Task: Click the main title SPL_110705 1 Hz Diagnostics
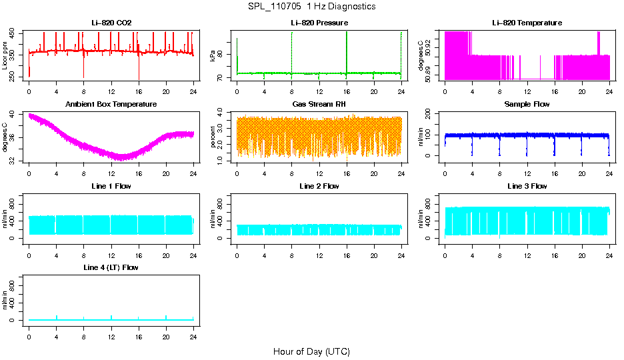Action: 311,7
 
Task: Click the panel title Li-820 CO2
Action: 111,23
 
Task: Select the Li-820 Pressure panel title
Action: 319,23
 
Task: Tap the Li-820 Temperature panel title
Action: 527,23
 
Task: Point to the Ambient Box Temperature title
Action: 111,105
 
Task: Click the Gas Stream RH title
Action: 319,105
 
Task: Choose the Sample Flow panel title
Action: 527,105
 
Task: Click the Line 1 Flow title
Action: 111,186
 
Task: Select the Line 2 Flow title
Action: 319,186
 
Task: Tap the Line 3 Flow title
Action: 527,186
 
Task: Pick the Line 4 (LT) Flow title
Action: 111,267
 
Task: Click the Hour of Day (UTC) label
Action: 311,351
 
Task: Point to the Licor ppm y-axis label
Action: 5,56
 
